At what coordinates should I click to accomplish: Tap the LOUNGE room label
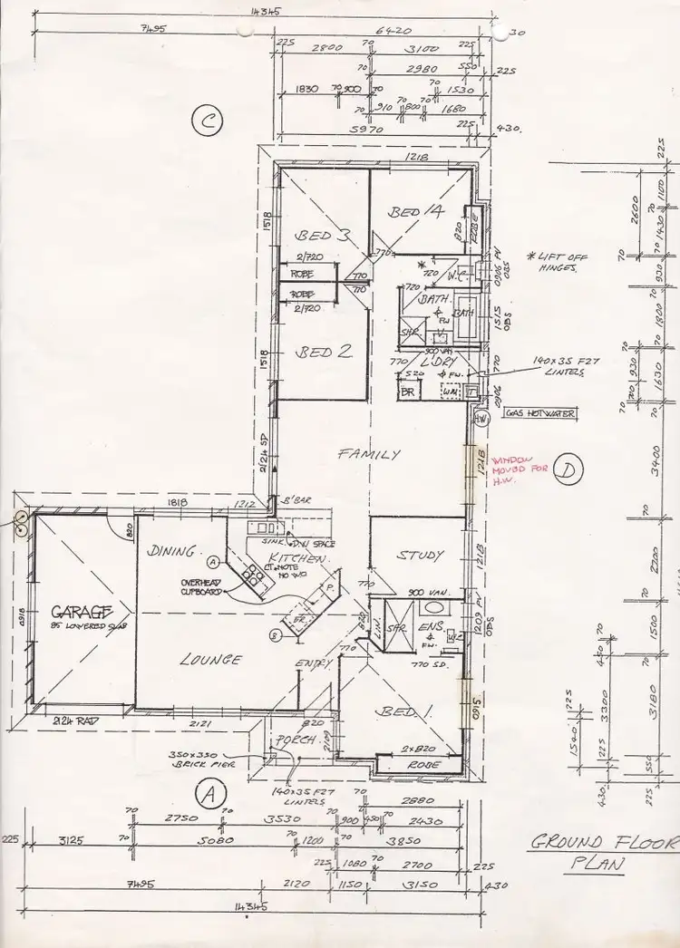coord(210,660)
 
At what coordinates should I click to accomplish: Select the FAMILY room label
coord(368,455)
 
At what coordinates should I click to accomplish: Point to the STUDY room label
coord(421,555)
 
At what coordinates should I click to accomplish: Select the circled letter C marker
coord(207,122)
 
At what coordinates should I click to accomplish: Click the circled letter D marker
coord(568,469)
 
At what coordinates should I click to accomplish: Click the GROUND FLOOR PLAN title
coord(603,852)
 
